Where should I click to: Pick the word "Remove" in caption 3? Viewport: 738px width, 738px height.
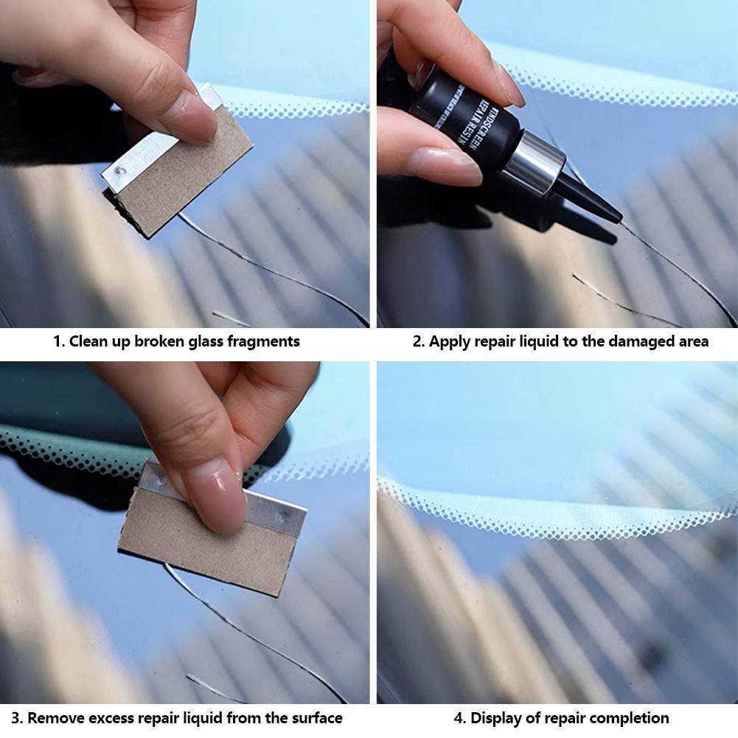55,717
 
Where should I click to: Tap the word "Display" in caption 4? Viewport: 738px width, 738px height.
497,717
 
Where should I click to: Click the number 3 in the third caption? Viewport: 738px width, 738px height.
15,717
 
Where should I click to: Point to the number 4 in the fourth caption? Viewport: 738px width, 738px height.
459,717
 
